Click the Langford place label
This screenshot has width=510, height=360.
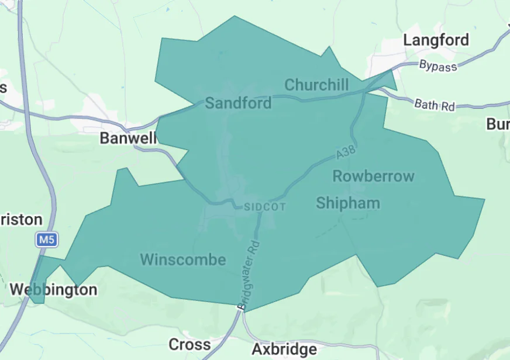[436, 40]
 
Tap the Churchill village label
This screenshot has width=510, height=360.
[316, 85]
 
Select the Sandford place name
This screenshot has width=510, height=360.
[238, 103]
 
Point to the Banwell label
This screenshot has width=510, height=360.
[128, 138]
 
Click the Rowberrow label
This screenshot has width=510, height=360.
[373, 176]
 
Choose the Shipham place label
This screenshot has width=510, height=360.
[348, 203]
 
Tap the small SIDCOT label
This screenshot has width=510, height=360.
[264, 207]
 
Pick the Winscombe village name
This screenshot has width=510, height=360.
[183, 259]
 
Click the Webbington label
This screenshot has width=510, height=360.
[54, 290]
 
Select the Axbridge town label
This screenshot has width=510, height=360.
[284, 349]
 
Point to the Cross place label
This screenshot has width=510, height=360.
[189, 344]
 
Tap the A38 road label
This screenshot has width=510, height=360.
[346, 153]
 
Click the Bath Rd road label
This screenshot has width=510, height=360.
[435, 105]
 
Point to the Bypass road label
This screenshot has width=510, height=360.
[438, 66]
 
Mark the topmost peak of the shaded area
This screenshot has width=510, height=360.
[235, 16]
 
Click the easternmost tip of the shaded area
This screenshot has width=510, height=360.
[484, 200]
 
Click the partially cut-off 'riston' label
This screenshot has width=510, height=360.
[21, 220]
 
